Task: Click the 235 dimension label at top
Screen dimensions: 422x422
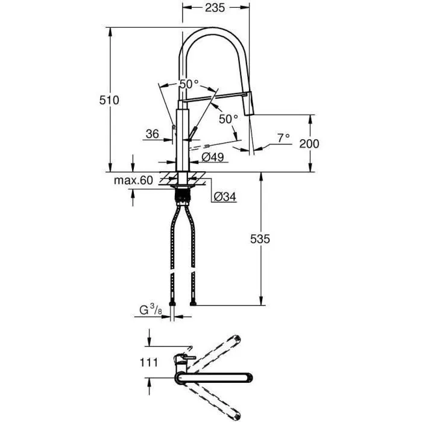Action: (x=215, y=8)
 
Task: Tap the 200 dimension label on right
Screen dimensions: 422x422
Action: (x=309, y=143)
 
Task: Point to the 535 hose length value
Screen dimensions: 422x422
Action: (x=260, y=239)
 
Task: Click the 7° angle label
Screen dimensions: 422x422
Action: (x=283, y=137)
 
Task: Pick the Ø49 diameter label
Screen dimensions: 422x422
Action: (x=213, y=157)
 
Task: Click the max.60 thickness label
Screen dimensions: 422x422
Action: (x=133, y=180)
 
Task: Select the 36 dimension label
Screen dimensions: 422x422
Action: (x=152, y=134)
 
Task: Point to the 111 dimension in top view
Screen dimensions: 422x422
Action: (x=149, y=362)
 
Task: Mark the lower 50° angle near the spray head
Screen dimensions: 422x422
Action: (x=228, y=119)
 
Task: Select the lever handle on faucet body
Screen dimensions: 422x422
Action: (x=194, y=134)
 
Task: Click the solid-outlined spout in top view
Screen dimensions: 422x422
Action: (x=217, y=378)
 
